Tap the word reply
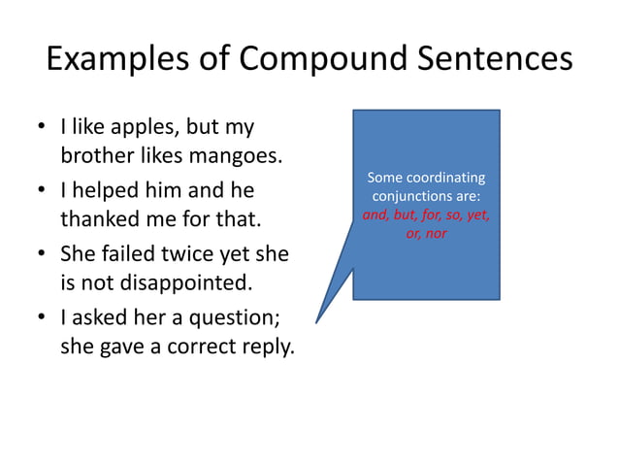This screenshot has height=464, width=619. click(266, 347)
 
